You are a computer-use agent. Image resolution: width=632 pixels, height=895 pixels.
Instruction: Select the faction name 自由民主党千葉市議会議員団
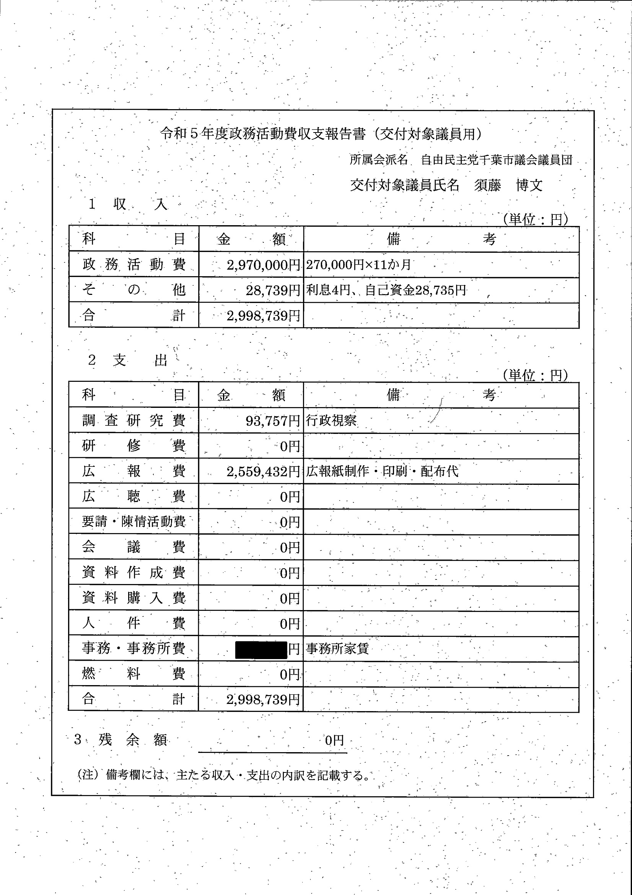[497, 160]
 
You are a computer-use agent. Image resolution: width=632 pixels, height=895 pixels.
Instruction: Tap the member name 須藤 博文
[508, 185]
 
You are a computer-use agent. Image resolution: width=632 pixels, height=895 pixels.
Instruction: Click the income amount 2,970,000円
[263, 265]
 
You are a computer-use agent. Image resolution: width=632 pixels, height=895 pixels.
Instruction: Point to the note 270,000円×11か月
[358, 265]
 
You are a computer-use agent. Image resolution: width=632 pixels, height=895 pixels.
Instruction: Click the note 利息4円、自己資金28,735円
[386, 290]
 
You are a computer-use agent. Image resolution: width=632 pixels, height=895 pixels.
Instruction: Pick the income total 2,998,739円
[263, 316]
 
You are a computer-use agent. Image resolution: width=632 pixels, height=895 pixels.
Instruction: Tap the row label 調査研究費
[134, 421]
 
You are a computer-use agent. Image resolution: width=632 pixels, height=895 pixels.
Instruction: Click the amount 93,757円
[273, 421]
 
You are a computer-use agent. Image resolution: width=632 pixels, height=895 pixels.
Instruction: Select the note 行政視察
[331, 421]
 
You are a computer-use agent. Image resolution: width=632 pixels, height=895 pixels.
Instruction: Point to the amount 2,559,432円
[263, 472]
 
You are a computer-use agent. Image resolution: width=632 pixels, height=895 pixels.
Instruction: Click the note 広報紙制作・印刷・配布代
[382, 472]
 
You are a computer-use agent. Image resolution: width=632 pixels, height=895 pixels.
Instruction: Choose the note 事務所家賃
[337, 649]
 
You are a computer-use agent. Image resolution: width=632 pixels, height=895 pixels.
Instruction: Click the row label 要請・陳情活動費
[134, 522]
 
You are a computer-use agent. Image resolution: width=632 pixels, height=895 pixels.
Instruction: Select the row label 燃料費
[134, 674]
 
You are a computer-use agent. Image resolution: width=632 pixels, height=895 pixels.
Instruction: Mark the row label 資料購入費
[134, 598]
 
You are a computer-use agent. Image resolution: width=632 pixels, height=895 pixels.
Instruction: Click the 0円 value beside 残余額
[334, 740]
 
